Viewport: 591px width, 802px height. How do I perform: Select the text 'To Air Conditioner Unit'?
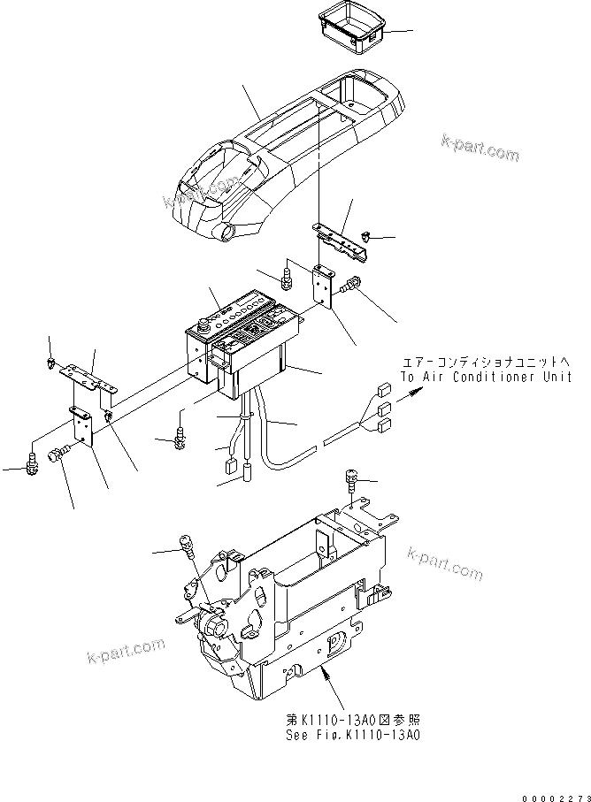(486, 377)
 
